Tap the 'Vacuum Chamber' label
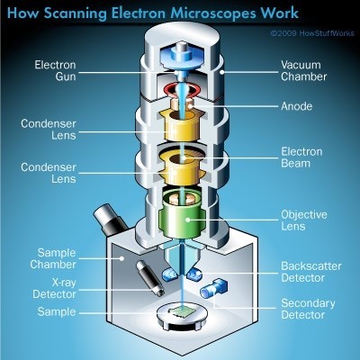pos(307,71)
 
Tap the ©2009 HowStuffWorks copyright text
pos(307,35)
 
